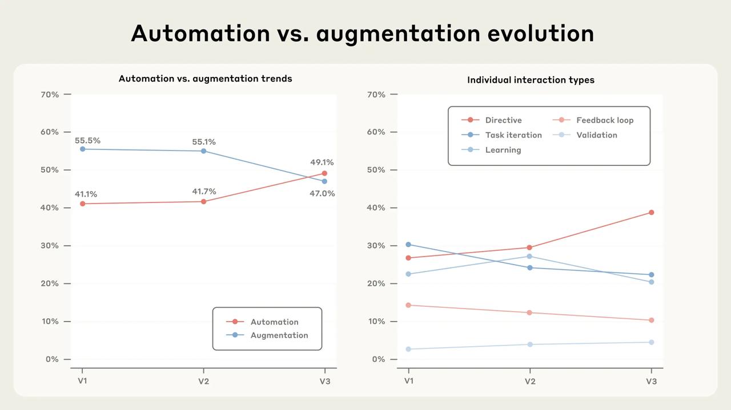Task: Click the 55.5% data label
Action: click(87, 140)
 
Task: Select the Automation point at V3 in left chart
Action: click(324, 173)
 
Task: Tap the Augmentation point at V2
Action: click(204, 151)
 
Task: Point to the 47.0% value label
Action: click(322, 193)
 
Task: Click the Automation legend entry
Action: click(274, 322)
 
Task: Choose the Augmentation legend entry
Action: click(279, 335)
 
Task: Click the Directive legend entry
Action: click(503, 120)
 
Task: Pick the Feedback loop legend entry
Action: click(604, 120)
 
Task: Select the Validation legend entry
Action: click(596, 135)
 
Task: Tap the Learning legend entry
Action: click(503, 150)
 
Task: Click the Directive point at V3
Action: click(651, 213)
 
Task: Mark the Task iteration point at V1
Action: click(408, 245)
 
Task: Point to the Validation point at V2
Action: click(530, 344)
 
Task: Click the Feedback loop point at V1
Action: click(408, 305)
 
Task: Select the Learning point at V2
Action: click(530, 256)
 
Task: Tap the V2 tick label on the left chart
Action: click(204, 381)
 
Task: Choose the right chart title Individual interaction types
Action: click(531, 80)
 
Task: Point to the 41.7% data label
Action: click(204, 192)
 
